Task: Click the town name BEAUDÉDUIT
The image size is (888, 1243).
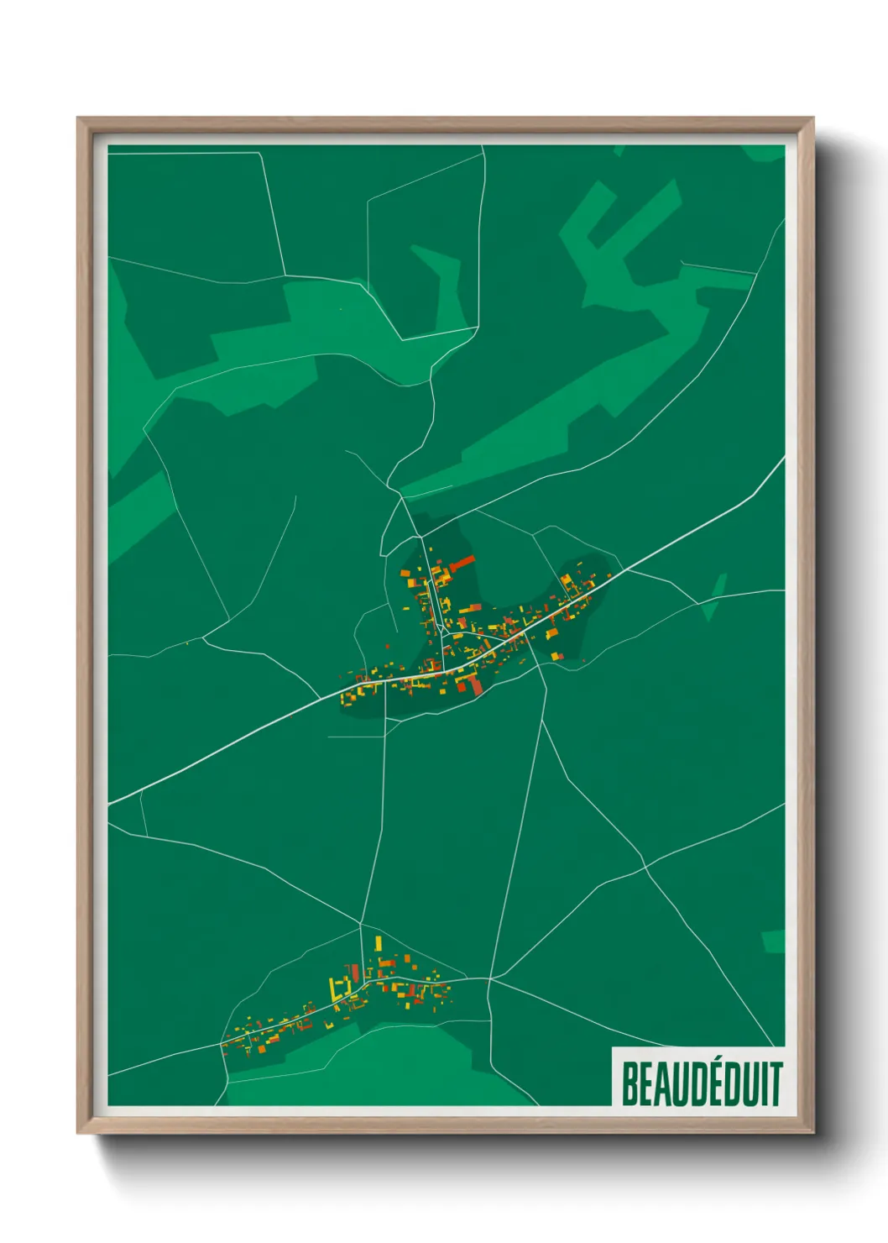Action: [701, 1083]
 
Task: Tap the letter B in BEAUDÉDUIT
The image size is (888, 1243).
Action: [630, 1083]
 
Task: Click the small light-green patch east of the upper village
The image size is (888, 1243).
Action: [715, 596]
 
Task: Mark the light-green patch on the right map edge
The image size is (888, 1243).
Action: [774, 941]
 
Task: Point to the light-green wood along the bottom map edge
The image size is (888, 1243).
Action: [378, 1067]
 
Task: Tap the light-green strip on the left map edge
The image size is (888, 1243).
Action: [134, 512]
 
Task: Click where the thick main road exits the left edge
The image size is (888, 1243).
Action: [110, 802]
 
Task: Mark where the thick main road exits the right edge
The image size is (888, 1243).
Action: [782, 459]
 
